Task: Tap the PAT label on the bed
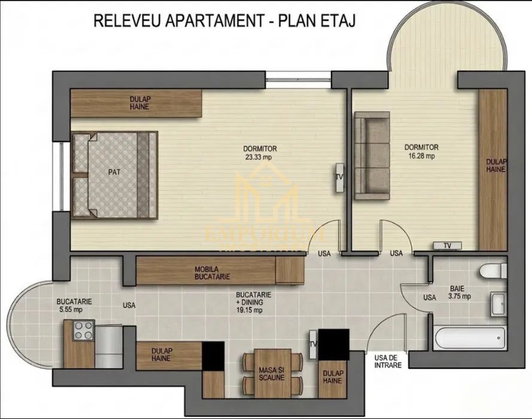click(114, 172)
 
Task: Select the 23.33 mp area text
click(260, 158)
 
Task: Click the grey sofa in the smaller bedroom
click(372, 156)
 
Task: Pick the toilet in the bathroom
click(494, 271)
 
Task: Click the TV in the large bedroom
click(339, 177)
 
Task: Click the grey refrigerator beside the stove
click(108, 346)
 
